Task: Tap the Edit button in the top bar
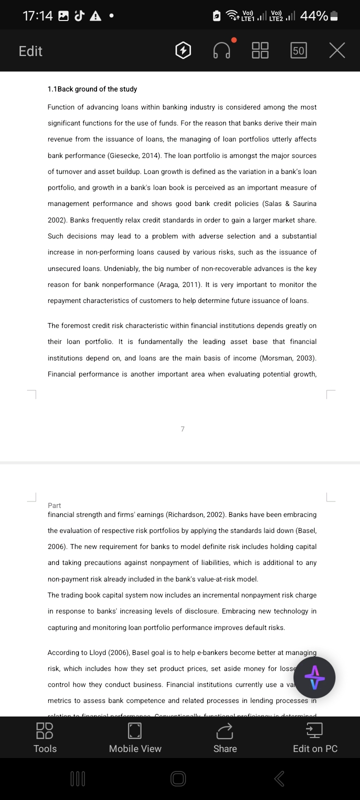click(x=30, y=51)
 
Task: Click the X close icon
click(x=337, y=50)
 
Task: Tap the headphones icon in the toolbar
click(x=222, y=50)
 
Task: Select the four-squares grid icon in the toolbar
click(x=260, y=50)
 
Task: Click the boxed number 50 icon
click(x=298, y=50)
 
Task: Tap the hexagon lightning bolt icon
click(x=183, y=50)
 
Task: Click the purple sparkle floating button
click(x=314, y=677)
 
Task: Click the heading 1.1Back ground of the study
click(x=92, y=89)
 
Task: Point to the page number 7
click(x=182, y=429)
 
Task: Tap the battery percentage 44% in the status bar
click(x=314, y=16)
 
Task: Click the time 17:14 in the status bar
click(x=37, y=16)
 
